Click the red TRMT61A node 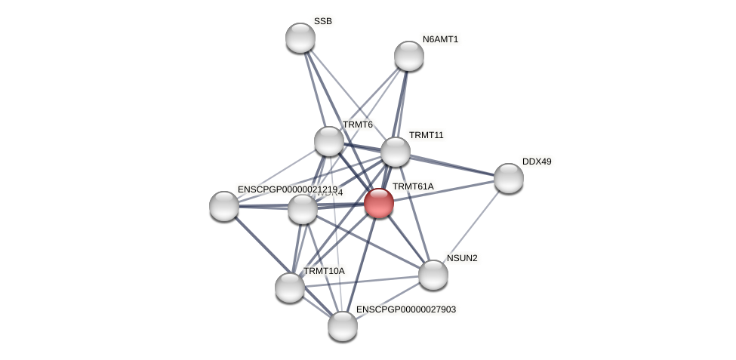click(378, 203)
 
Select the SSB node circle click(300, 38)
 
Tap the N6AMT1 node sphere click(408, 56)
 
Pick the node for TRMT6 click(329, 141)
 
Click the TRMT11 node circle click(395, 152)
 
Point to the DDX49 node click(508, 178)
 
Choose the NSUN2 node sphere click(433, 275)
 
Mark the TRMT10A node click(290, 287)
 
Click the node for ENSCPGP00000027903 click(342, 326)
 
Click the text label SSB click(322, 21)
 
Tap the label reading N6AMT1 click(440, 39)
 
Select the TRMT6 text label click(358, 125)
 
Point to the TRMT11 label click(427, 135)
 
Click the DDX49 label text click(537, 162)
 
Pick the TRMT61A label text click(413, 186)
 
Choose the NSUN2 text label click(462, 258)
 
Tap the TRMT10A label click(324, 271)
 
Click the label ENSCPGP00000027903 click(406, 309)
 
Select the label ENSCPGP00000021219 click(287, 189)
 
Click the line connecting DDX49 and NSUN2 click(471, 226)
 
